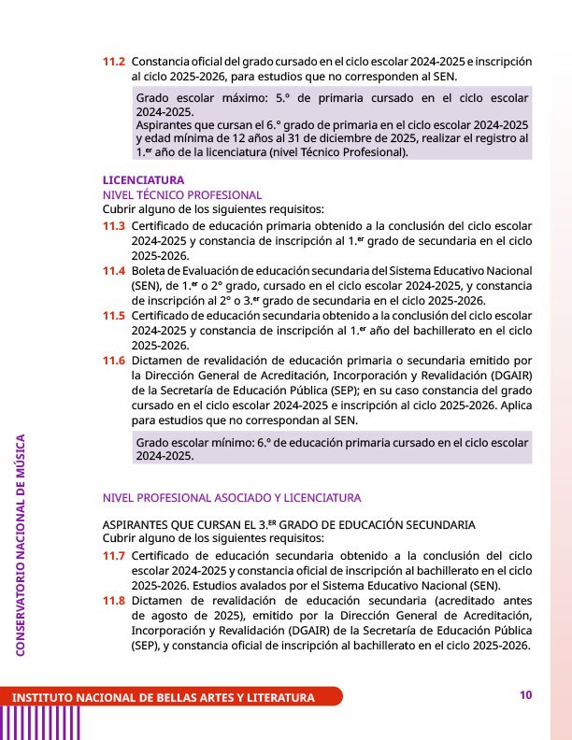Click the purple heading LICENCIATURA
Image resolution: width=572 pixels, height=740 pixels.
point(143,179)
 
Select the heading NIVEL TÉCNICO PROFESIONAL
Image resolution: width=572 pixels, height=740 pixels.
point(182,194)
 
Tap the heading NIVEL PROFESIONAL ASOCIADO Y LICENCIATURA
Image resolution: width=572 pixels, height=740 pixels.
point(231,497)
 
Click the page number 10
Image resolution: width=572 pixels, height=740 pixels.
point(525,694)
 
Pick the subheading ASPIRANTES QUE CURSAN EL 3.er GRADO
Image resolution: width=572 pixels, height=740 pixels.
point(288,524)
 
